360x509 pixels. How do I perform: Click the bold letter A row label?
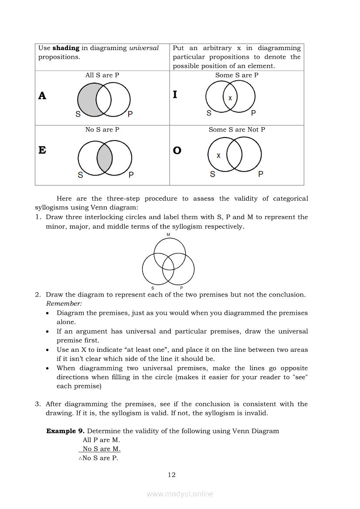42,96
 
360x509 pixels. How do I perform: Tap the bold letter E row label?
42,150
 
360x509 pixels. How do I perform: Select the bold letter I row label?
175,94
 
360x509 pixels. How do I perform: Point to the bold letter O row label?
177,151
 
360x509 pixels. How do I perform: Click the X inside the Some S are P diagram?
230,98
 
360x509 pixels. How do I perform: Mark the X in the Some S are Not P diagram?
218,155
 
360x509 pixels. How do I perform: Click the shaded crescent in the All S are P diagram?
86,100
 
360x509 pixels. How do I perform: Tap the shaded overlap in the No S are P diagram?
105,158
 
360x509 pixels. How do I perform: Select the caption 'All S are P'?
102,75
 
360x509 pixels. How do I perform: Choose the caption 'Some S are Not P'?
237,129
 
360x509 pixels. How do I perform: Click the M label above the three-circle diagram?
168,235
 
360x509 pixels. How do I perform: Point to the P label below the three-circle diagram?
181,288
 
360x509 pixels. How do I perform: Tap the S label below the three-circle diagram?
153,288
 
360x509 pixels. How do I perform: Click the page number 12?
172,475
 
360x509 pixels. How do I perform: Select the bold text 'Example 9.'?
65,431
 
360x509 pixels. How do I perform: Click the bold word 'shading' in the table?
66,48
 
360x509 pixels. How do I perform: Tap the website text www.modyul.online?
180,494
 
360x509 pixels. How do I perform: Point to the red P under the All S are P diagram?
130,114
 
